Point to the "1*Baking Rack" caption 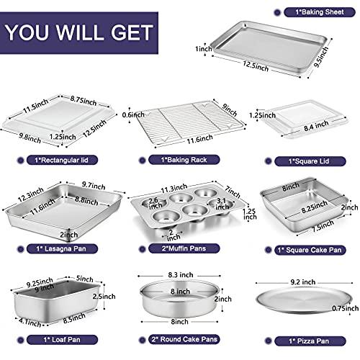click(x=181, y=160)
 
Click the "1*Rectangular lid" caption click(x=58, y=160)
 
